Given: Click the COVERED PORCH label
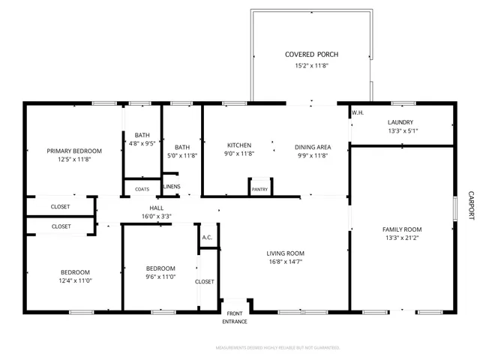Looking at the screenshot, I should (x=311, y=55).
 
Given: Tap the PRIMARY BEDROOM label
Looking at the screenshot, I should (x=74, y=151).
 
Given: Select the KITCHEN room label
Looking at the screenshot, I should (x=239, y=145).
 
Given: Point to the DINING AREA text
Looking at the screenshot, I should (x=313, y=146).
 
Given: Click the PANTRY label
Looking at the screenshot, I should (x=259, y=189).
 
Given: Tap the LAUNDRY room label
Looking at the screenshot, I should (x=400, y=122).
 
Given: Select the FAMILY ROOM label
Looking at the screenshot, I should (x=402, y=229).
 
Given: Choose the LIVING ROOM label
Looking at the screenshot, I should (x=285, y=253).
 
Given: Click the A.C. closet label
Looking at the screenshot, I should (x=207, y=238).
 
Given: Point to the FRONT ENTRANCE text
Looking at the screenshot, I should (x=234, y=317).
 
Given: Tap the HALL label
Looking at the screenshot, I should (x=157, y=208).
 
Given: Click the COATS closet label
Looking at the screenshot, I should (x=142, y=189).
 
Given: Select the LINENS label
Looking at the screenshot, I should (x=172, y=186).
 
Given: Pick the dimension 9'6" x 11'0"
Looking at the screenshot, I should (x=160, y=277).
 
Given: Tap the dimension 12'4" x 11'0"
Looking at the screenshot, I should (x=75, y=281).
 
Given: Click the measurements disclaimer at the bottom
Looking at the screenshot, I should (x=277, y=348).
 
